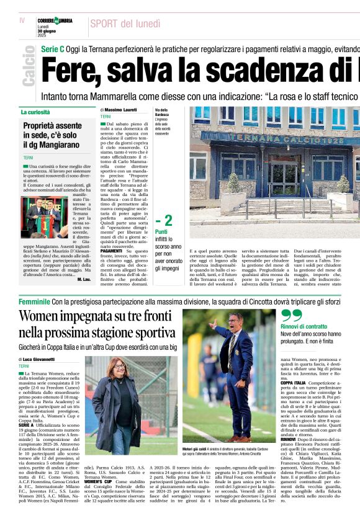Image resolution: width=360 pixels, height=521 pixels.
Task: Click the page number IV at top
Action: [22, 20]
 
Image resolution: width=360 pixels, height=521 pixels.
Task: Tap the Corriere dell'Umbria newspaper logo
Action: [55, 20]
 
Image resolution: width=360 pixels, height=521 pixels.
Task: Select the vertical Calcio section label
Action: [29, 68]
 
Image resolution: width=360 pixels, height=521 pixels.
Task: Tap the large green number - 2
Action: [164, 221]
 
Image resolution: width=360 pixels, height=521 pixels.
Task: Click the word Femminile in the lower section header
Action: [34, 301]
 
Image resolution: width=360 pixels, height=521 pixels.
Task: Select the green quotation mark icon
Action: [291, 314]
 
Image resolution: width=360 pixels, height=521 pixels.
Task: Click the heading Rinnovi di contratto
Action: [304, 326]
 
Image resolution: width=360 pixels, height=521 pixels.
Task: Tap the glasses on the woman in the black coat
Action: [117, 368]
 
